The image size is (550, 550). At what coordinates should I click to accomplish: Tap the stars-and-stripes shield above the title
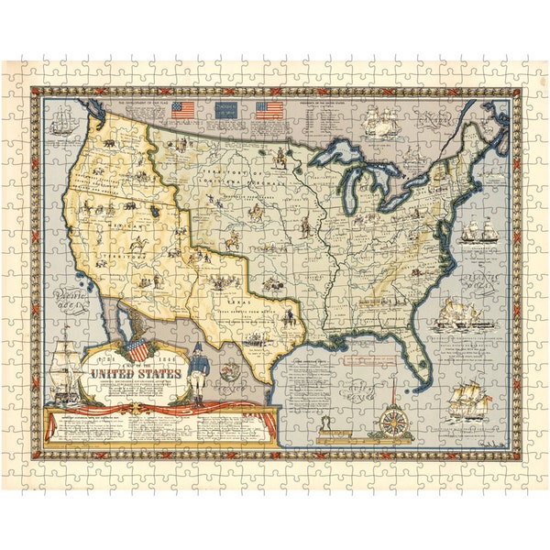coord(137,349)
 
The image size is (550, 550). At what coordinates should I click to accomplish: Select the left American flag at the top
coord(183,111)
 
